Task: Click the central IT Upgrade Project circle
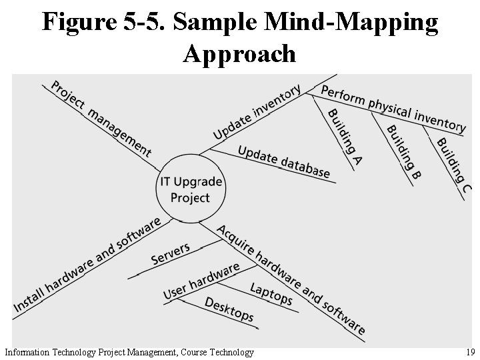click(190, 189)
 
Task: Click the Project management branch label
click(101, 119)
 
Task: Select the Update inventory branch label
click(257, 112)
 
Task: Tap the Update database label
click(283, 162)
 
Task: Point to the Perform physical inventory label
click(393, 108)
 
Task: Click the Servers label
click(171, 253)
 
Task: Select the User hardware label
click(201, 281)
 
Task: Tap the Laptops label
click(271, 293)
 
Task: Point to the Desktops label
click(229, 309)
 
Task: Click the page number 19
click(470, 352)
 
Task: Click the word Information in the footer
click(26, 352)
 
